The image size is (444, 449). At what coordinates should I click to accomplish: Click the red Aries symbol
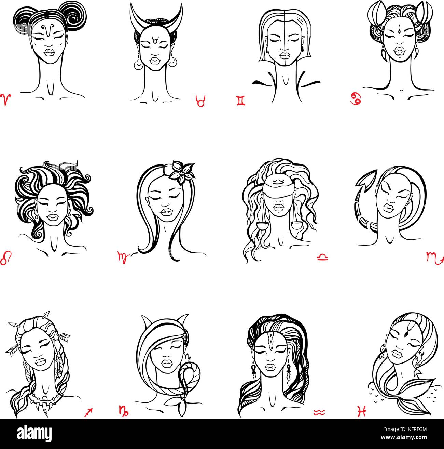[6, 100]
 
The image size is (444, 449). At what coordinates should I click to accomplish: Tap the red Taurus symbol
[200, 101]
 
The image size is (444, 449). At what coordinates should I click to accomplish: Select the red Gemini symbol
[241, 101]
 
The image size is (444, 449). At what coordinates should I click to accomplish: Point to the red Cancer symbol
[356, 98]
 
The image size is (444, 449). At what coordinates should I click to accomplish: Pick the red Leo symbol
[6, 258]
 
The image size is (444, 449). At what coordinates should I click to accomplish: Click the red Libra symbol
[322, 257]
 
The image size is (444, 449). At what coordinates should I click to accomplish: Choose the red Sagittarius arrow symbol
[88, 413]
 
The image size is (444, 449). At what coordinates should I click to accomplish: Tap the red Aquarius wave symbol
[319, 413]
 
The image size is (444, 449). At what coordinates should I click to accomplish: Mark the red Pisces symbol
[362, 411]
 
